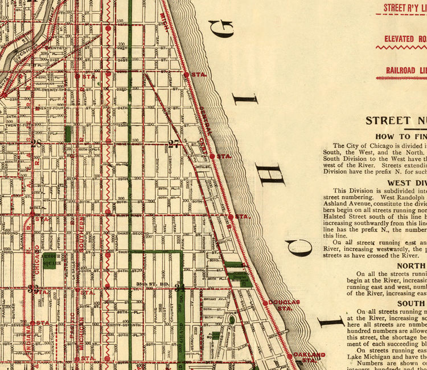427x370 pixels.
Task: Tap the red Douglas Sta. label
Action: coord(284,304)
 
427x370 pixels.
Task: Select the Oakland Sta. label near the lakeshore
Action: coord(310,357)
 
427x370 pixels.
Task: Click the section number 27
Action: coord(174,144)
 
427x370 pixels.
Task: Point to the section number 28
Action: coord(37,144)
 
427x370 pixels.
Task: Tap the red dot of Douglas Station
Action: coord(265,302)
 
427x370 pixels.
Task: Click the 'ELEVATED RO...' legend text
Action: coord(405,39)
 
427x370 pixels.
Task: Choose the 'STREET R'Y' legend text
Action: coord(405,8)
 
